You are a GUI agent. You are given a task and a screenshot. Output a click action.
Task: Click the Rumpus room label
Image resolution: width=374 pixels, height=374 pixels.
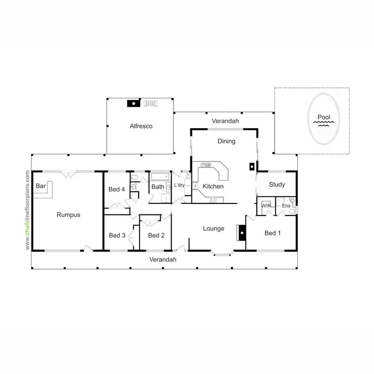click(x=68, y=215)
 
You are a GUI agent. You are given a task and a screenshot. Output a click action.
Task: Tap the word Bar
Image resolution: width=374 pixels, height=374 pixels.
click(x=41, y=186)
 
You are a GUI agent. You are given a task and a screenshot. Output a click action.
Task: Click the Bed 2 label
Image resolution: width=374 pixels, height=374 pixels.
click(x=156, y=235)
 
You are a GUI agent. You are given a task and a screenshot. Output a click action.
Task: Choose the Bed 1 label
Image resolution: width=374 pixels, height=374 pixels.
click(x=273, y=233)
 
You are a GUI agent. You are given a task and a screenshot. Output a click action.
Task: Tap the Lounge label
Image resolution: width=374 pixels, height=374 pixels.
click(x=213, y=229)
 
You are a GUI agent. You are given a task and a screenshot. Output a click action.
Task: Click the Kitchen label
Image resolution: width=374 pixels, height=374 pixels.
click(x=213, y=186)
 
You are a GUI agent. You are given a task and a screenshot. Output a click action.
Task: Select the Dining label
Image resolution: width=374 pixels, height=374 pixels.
click(x=226, y=141)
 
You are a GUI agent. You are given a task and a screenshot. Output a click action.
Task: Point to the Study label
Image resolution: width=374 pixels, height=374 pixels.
click(x=277, y=185)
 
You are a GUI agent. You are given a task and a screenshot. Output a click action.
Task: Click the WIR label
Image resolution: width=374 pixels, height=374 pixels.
click(x=266, y=205)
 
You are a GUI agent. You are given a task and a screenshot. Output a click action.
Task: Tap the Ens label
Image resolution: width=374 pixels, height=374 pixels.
click(x=286, y=205)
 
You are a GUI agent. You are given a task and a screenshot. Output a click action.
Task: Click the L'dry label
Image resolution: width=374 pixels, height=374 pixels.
click(x=180, y=186)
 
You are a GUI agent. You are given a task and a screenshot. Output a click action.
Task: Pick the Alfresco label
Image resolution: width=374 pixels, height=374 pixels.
click(x=141, y=126)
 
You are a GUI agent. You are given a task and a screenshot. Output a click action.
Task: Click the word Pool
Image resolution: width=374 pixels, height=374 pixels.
click(x=324, y=118)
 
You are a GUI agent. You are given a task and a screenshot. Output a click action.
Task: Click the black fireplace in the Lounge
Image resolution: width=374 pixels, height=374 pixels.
click(x=242, y=232)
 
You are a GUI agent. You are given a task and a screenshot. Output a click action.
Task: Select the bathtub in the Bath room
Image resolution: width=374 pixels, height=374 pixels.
click(x=160, y=177)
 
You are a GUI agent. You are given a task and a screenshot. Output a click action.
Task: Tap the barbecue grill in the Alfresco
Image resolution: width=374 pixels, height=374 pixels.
click(x=151, y=103)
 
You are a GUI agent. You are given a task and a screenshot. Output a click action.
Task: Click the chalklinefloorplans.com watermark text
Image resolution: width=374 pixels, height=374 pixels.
click(x=28, y=209)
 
